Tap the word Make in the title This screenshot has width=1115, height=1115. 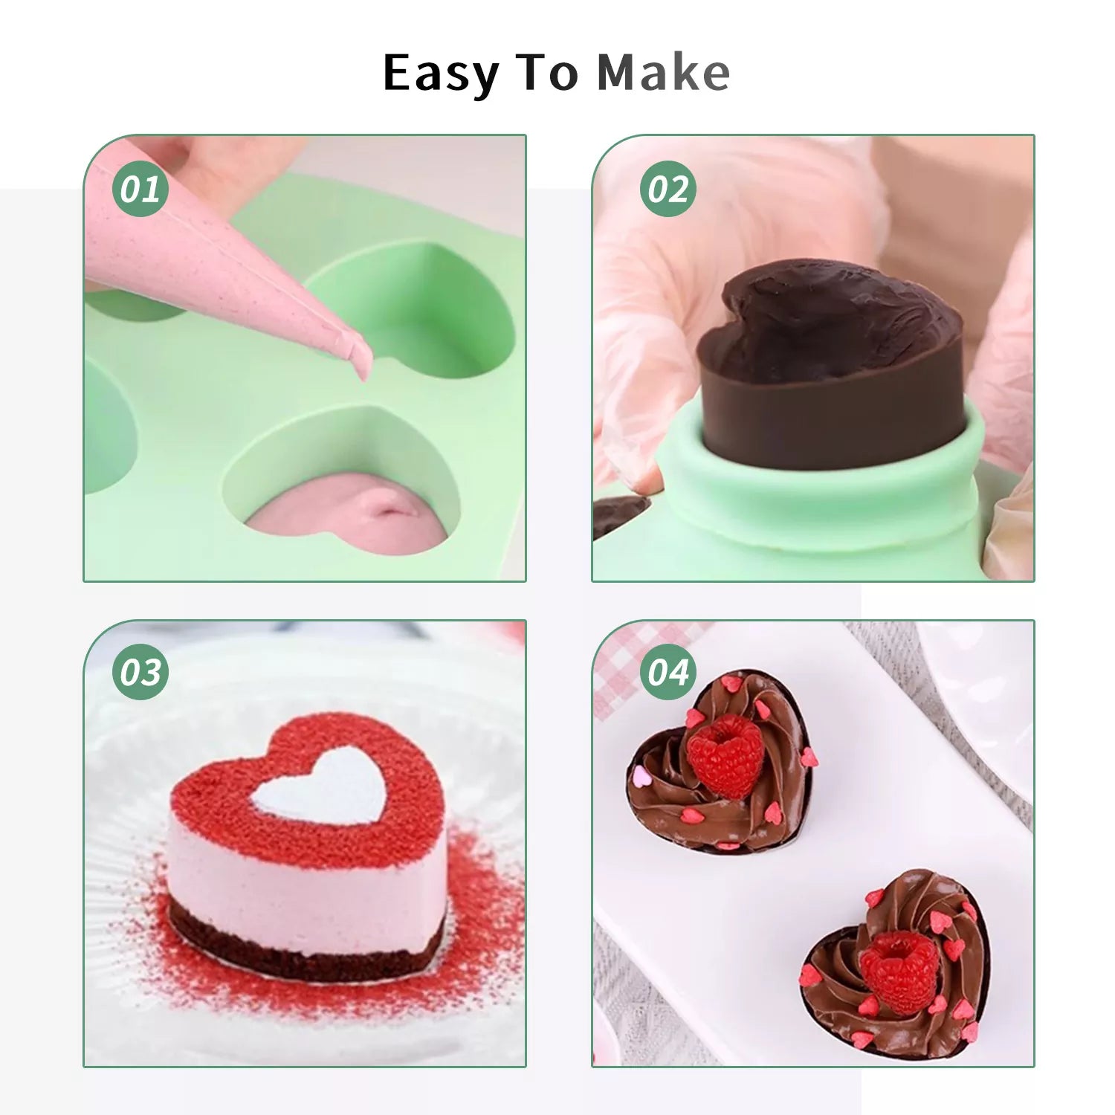click(x=664, y=73)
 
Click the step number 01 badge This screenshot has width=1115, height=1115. click(x=140, y=189)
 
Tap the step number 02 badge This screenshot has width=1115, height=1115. click(x=668, y=189)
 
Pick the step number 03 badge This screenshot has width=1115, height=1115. click(x=140, y=673)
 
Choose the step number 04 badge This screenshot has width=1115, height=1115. click(x=668, y=673)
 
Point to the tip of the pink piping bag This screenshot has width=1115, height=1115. click(x=365, y=378)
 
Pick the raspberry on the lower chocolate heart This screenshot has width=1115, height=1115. click(x=896, y=974)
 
